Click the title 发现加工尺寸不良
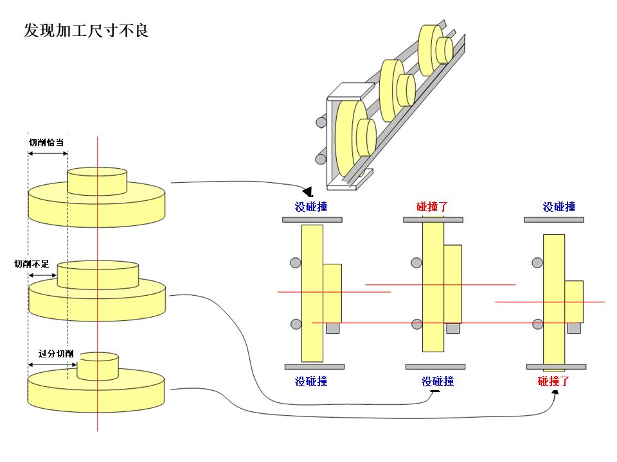[86, 30]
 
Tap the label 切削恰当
[46, 142]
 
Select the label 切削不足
[32, 264]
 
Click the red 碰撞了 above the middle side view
[432, 207]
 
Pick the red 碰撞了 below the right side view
[553, 381]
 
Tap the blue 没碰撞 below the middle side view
[438, 381]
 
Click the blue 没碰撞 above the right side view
[559, 207]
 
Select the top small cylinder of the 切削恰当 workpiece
[97, 181]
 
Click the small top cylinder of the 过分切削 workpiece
[98, 366]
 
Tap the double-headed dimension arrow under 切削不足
[42, 276]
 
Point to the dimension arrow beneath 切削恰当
[48, 153]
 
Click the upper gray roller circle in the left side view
[295, 262]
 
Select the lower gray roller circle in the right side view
[538, 325]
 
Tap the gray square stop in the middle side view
[453, 328]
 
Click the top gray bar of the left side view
[312, 219]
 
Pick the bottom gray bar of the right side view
[556, 366]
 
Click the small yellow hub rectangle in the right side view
[573, 301]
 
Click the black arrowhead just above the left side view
[308, 191]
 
